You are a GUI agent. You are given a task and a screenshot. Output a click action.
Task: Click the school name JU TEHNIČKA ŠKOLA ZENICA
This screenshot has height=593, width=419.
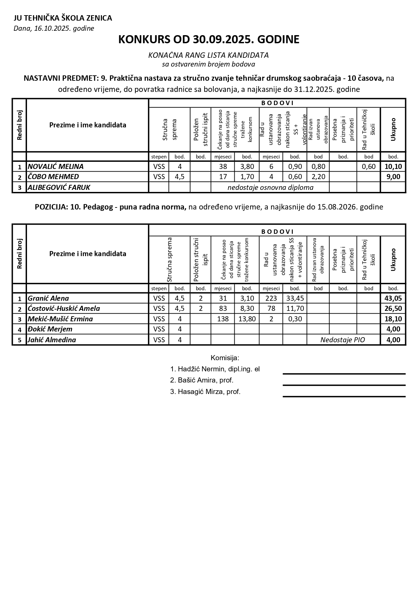[63, 18]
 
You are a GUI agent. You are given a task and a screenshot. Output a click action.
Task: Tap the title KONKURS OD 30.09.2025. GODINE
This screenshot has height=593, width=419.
[209, 40]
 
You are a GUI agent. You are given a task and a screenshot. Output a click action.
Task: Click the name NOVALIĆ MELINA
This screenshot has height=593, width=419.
[56, 167]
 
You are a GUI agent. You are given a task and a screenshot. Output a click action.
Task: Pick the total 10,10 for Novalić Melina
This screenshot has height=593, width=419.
[393, 167]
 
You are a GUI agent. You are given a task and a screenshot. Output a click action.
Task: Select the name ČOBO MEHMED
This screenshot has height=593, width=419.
[53, 177]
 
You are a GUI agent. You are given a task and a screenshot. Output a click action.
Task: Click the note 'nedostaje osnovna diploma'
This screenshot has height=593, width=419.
[270, 187]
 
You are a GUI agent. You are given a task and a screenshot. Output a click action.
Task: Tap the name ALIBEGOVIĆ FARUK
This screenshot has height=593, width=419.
[59, 187]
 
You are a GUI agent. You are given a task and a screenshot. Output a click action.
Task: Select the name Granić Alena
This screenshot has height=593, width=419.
[48, 298]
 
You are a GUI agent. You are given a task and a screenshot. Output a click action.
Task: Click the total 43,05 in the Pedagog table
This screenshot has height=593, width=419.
[393, 298]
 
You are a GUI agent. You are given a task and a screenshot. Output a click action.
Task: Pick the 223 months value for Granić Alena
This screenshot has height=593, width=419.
[271, 298]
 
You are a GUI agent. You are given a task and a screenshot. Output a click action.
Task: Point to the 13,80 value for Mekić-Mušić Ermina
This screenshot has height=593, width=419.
[247, 319]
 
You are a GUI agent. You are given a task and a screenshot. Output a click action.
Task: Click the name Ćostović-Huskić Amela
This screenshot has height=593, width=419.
[64, 308]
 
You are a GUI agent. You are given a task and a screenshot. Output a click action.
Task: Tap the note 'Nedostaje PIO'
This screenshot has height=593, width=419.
[343, 340]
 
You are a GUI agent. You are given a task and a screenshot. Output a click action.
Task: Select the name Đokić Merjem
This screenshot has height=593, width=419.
[50, 329]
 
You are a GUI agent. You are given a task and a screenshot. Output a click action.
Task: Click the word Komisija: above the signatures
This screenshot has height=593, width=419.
[225, 358]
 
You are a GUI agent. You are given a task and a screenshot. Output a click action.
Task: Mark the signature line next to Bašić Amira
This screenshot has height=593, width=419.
[344, 385]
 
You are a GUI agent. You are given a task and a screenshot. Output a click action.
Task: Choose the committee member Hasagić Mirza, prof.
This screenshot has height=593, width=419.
[205, 392]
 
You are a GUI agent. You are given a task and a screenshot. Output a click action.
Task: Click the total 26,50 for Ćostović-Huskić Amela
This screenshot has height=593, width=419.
[393, 308]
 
